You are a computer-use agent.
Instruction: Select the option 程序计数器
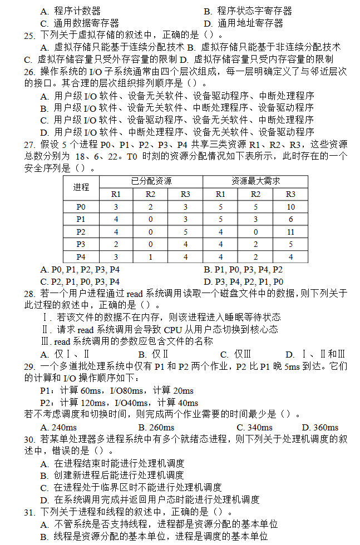[x=77, y=11]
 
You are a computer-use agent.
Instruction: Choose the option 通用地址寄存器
[x=250, y=23]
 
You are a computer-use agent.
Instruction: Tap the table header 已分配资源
[x=151, y=181]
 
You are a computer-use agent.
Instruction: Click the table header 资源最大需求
[x=255, y=181]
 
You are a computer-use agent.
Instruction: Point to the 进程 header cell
[x=81, y=187]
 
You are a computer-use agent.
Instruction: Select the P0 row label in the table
[x=81, y=207]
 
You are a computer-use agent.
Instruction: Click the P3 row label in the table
[x=81, y=244]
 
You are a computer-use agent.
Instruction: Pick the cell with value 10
[x=290, y=207]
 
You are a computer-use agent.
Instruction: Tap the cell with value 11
[x=290, y=232]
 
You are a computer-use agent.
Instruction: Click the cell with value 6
[x=290, y=219]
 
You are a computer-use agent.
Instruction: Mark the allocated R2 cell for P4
[x=151, y=257]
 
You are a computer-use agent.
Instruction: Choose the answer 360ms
[x=325, y=428]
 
